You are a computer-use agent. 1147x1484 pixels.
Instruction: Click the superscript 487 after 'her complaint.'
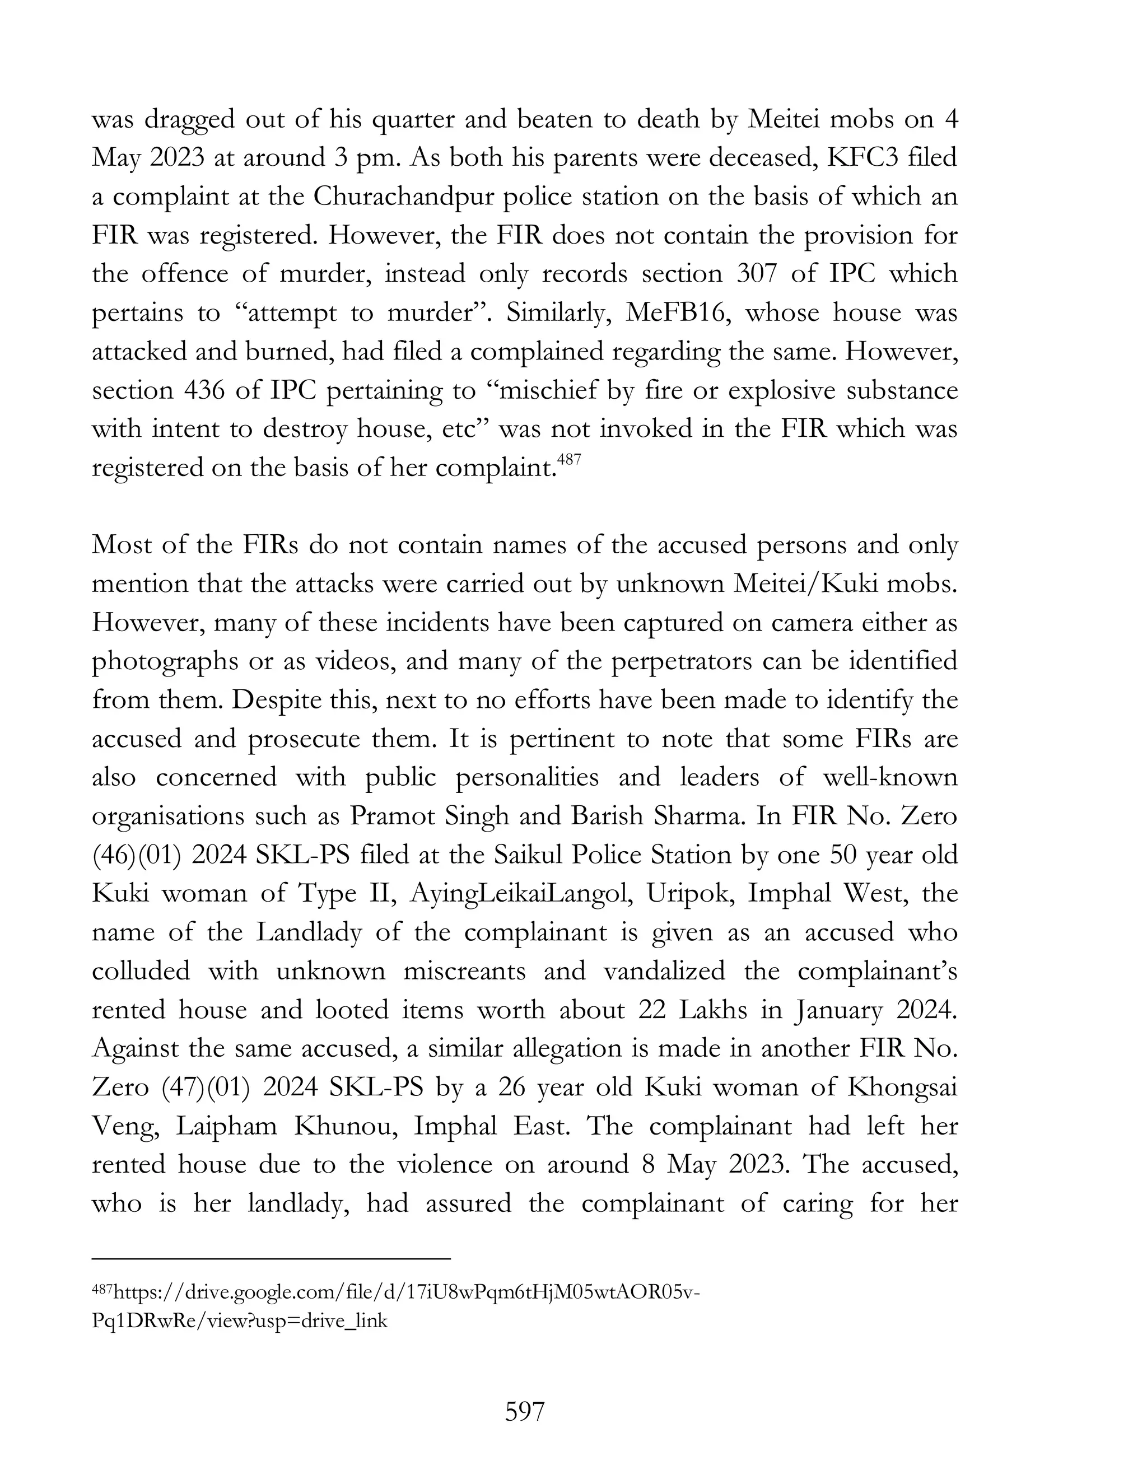569,460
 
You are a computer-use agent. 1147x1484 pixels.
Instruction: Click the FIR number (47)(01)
206,1086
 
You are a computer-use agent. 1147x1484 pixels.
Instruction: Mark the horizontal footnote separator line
271,1259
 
